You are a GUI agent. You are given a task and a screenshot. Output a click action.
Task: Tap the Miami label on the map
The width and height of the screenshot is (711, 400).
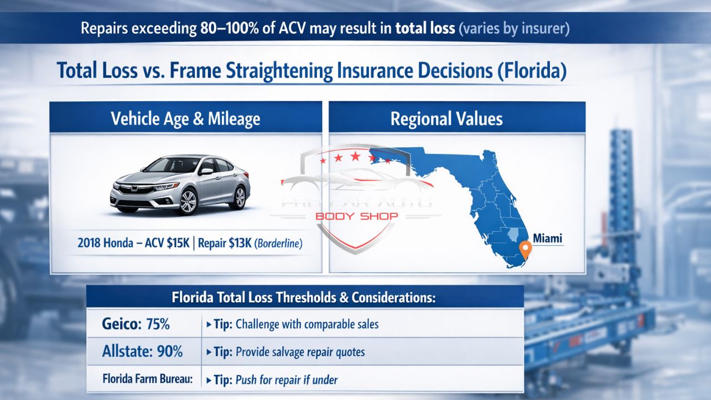pos(547,238)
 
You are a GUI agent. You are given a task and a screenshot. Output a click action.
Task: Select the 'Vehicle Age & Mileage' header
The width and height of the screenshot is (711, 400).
pos(186,118)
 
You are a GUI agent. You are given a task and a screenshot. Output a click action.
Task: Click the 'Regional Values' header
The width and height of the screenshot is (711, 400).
pos(446,118)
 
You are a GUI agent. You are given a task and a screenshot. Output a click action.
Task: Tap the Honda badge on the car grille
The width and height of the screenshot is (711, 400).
pos(133,189)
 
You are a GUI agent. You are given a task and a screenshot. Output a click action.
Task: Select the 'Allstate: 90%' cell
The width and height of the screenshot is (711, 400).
pos(143,352)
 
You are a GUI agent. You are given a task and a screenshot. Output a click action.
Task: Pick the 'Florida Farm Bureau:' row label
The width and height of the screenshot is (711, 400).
pos(147,379)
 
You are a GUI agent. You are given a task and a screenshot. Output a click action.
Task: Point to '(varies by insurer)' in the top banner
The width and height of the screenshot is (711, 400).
pos(514,28)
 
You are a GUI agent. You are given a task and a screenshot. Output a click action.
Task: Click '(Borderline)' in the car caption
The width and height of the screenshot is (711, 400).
pos(278,244)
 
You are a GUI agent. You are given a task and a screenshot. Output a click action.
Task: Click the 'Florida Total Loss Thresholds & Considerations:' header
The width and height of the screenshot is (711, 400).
pos(303,297)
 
